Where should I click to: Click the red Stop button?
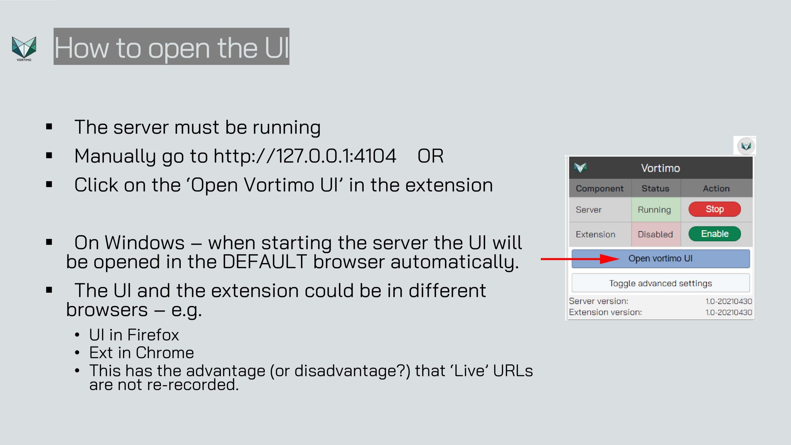pyautogui.click(x=714, y=209)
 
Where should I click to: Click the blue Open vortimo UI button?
pyautogui.click(x=661, y=259)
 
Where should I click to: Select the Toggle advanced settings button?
pyautogui.click(x=661, y=283)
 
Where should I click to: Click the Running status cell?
pyautogui.click(x=656, y=210)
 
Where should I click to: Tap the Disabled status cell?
pyautogui.click(x=656, y=234)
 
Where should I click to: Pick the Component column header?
pyautogui.click(x=599, y=189)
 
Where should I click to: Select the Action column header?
pyautogui.click(x=716, y=189)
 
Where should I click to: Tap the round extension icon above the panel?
pyautogui.click(x=746, y=146)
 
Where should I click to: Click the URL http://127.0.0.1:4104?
pyautogui.click(x=305, y=156)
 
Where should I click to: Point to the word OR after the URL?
pyautogui.click(x=430, y=156)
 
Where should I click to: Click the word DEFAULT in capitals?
pyautogui.click(x=264, y=262)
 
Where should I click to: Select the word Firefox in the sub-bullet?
pyautogui.click(x=153, y=335)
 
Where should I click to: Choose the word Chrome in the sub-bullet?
pyautogui.click(x=165, y=353)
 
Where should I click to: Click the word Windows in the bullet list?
pyautogui.click(x=145, y=243)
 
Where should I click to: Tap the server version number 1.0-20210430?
pyautogui.click(x=729, y=301)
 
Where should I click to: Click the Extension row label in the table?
pyautogui.click(x=595, y=235)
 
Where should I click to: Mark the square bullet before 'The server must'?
pyautogui.click(x=49, y=126)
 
